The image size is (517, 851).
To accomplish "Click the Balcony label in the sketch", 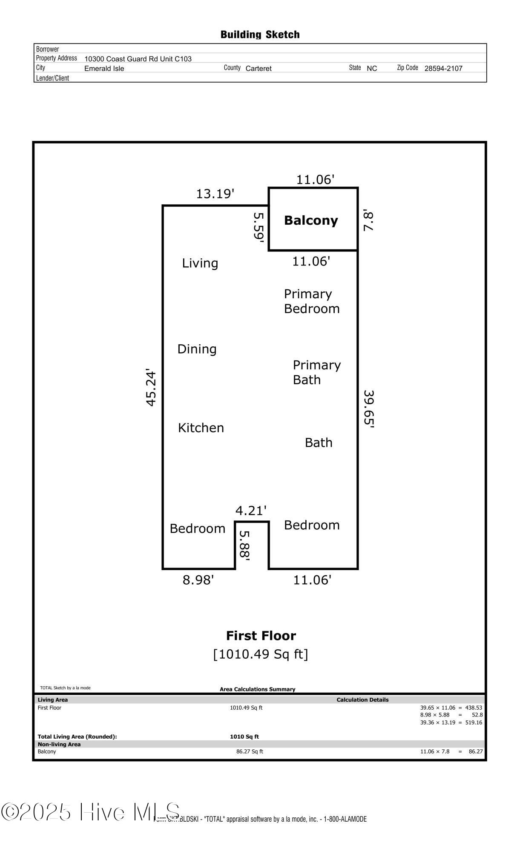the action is coord(311,220).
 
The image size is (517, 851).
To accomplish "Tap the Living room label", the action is coord(200,263).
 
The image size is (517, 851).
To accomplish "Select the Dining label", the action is coord(197,349).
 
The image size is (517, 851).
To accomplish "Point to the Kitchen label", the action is coord(201,428).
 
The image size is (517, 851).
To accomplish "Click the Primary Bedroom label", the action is coord(312,301).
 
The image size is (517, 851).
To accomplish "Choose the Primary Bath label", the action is coord(317,372).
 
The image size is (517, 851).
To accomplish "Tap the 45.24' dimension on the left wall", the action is coord(151,387).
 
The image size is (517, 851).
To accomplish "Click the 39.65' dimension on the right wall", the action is coord(369,409).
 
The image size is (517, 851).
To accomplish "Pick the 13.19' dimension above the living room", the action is coord(215,194).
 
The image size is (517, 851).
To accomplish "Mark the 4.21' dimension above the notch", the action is coord(251,510).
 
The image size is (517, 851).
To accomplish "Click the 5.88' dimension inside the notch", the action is coord(244,545).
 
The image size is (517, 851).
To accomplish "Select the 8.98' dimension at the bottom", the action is coord(198,580).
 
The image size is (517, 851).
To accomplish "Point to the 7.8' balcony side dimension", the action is coord(368,220).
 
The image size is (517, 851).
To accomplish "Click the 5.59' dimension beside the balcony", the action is coord(259,228).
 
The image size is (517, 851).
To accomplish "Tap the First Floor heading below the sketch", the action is coord(261,636).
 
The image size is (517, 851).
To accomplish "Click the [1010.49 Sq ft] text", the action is coord(261,654).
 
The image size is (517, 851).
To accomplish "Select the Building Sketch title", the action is coord(260,34).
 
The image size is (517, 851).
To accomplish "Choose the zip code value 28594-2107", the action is coord(443,69).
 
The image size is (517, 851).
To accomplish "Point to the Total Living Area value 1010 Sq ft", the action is coord(244,737).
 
